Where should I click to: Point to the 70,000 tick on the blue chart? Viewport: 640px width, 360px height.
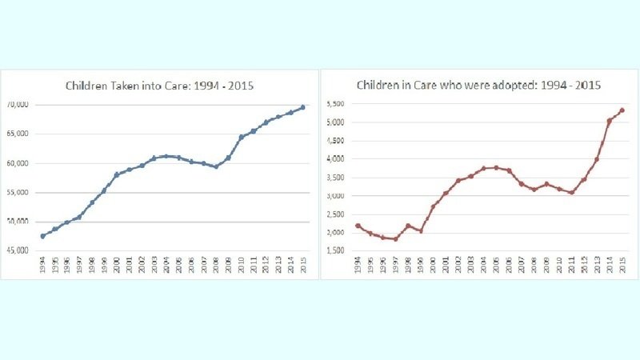(x=18, y=105)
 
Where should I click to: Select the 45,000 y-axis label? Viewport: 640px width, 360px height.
(x=18, y=251)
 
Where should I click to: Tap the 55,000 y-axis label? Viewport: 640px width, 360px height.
(x=18, y=193)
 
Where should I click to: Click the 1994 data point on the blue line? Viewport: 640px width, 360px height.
(x=42, y=236)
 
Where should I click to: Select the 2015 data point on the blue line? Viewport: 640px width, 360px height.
(x=302, y=107)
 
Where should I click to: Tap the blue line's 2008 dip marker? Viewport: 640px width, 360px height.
(x=216, y=166)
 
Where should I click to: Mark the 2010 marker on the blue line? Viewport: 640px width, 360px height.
(x=241, y=138)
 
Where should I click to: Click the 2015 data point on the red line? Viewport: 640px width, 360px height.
(x=622, y=110)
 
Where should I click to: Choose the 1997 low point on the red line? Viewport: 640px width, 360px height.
(x=395, y=238)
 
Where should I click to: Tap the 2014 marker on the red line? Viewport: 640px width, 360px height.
(x=610, y=121)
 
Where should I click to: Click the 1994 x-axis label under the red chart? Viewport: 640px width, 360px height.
(x=358, y=266)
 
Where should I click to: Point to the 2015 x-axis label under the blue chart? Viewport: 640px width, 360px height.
(x=302, y=266)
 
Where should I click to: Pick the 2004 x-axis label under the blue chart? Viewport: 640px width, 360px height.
(x=166, y=266)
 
